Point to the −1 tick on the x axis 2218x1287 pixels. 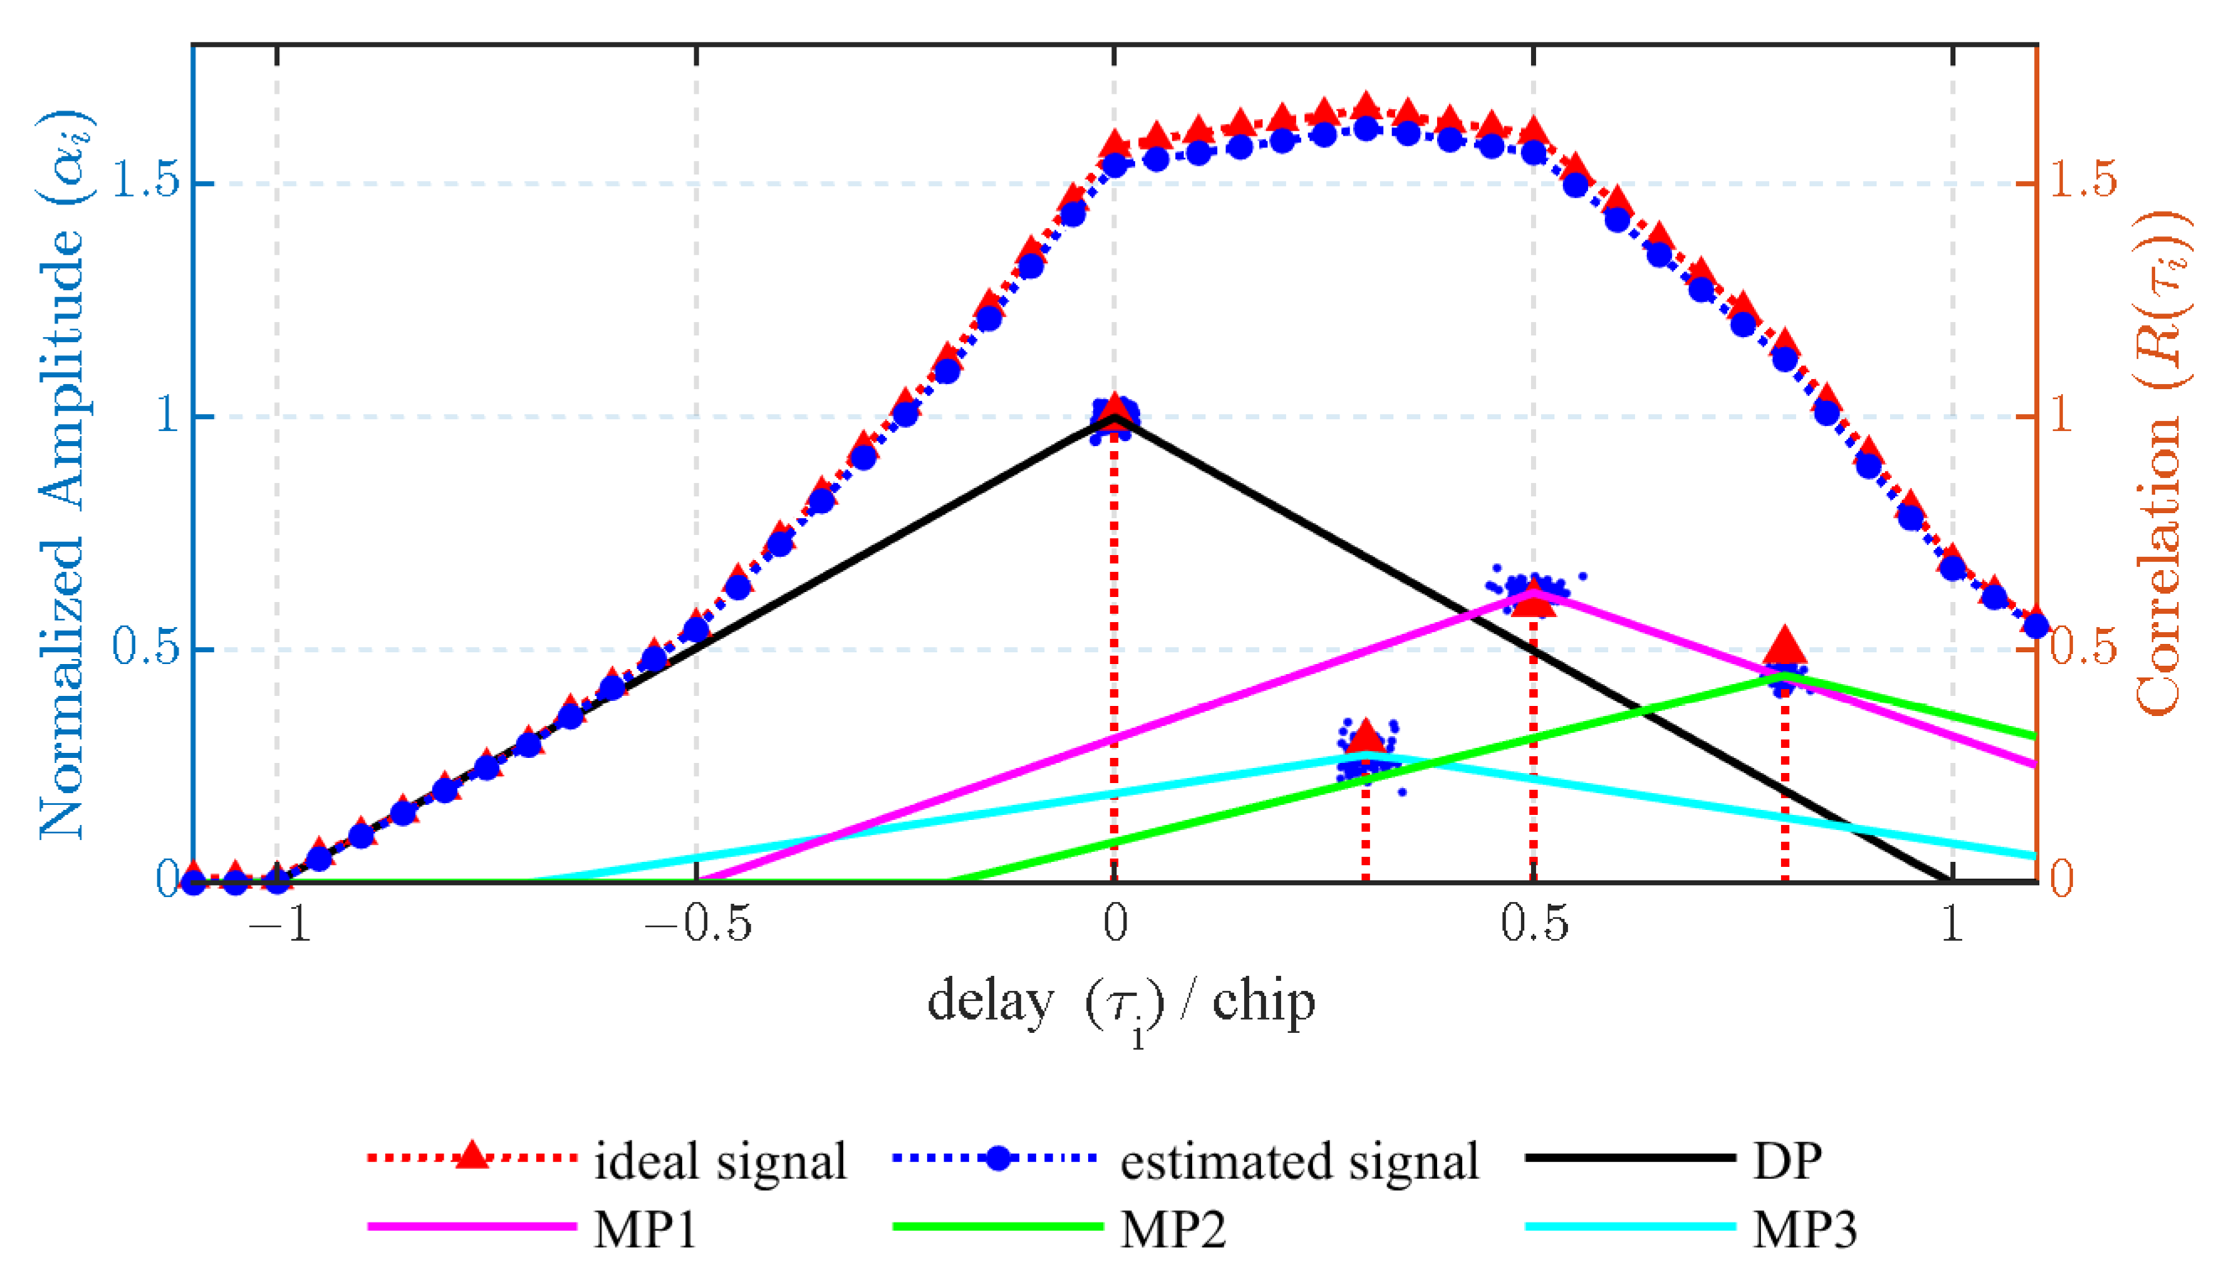[279, 925]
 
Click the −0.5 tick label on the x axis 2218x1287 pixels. [697, 925]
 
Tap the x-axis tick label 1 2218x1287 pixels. [1952, 925]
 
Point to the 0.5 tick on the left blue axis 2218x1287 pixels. [145, 648]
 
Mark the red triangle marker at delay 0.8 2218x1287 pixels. [1785, 646]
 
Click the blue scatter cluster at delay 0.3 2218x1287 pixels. [1367, 756]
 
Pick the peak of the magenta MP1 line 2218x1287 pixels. [1534, 592]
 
